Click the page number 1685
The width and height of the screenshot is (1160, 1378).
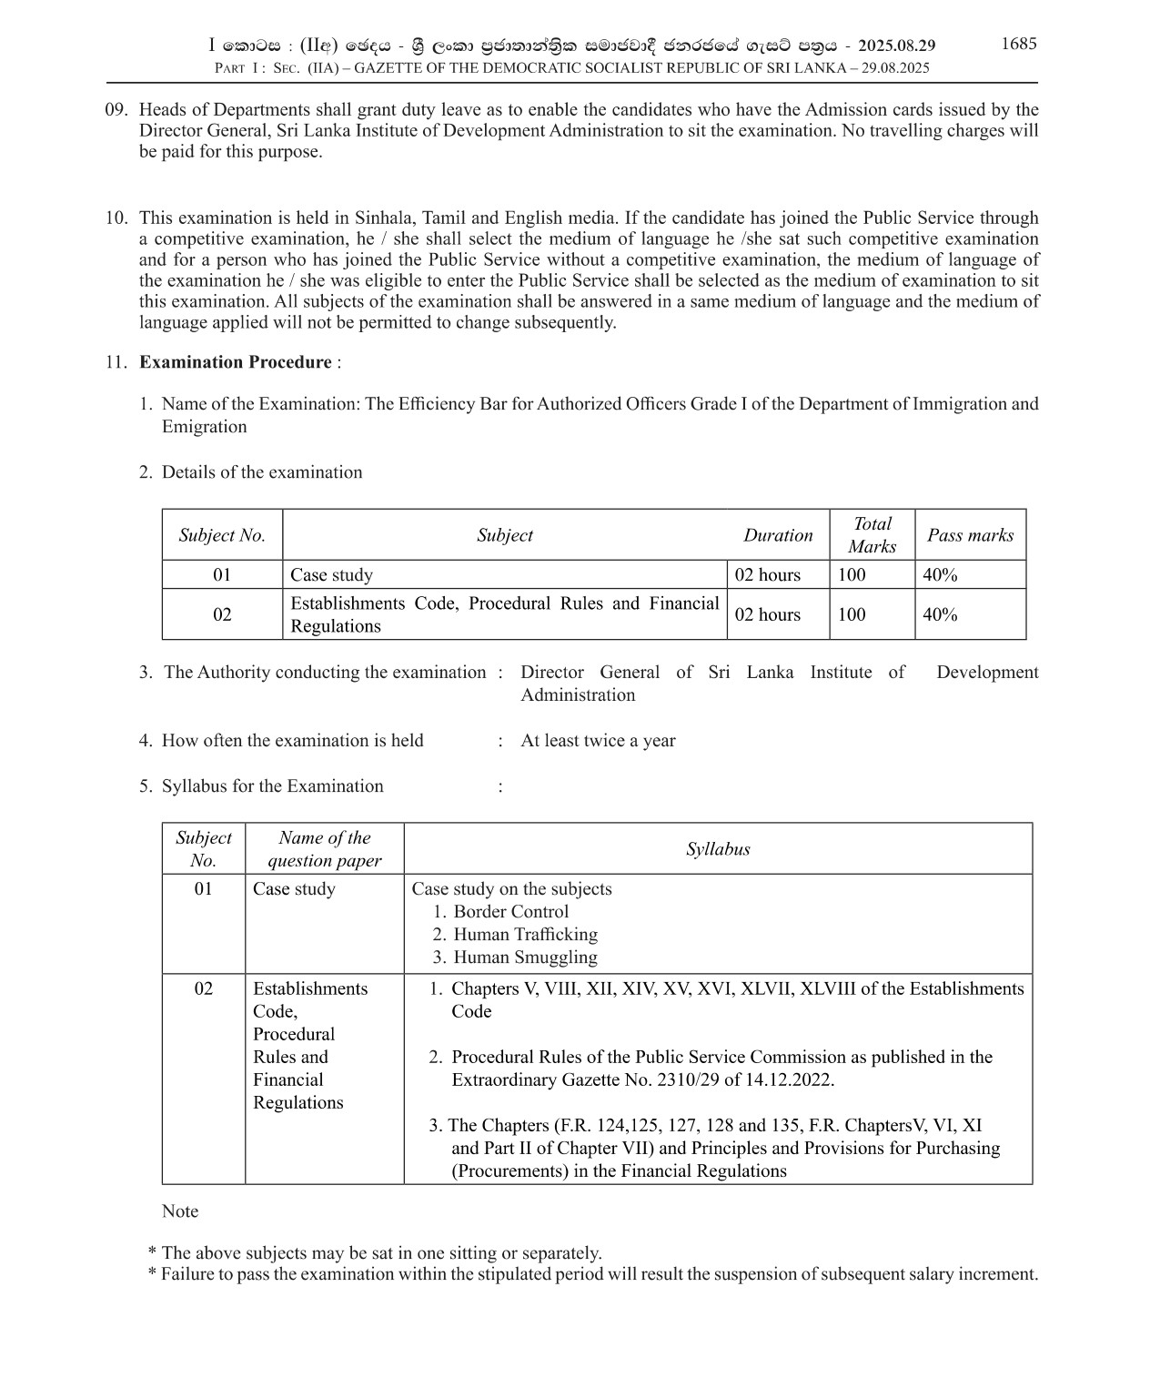1018,44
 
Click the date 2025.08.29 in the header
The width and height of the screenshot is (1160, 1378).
896,46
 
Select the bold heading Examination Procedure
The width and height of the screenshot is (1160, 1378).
235,362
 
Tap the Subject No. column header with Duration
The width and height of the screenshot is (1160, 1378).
222,535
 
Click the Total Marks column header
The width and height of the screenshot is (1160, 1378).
872,535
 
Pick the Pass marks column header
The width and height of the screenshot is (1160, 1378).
970,535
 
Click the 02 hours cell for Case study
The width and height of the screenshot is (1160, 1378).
768,575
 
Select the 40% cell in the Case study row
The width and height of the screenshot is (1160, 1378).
940,575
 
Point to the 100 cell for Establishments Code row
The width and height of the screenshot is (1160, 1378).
852,614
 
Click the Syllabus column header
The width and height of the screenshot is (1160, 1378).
718,849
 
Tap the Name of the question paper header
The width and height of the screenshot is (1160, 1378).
324,849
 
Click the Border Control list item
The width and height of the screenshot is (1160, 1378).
510,912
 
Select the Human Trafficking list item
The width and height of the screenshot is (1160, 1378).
525,935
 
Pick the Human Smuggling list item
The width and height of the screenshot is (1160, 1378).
525,958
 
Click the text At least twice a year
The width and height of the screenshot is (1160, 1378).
598,741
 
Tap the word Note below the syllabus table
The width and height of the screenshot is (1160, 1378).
180,1211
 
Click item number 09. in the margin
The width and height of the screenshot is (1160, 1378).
116,110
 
